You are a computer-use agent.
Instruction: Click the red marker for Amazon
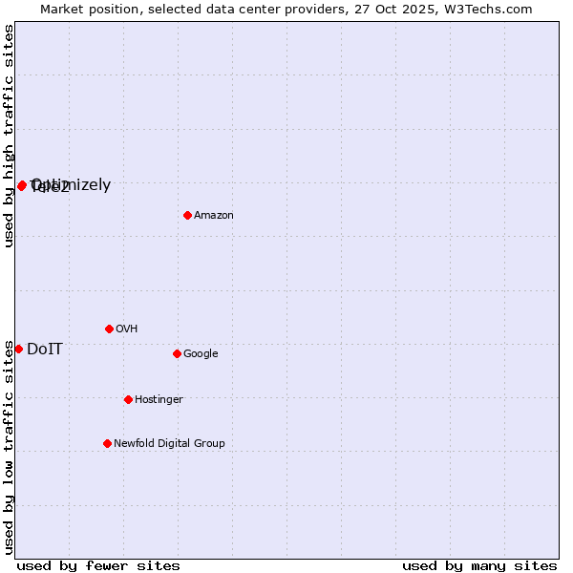click(187, 215)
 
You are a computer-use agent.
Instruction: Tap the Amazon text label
click(214, 216)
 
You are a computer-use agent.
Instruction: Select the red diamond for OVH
click(109, 329)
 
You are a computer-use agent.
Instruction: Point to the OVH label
click(127, 329)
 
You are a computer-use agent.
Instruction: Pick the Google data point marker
click(177, 353)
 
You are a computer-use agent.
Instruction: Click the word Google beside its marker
click(201, 354)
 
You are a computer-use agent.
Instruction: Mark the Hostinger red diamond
click(128, 399)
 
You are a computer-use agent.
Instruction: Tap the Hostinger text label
click(159, 400)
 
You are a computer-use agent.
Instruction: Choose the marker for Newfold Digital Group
click(107, 443)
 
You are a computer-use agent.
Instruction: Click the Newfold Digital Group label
click(170, 444)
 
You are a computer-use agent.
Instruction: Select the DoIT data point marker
click(18, 349)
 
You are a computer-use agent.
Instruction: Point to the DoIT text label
click(45, 350)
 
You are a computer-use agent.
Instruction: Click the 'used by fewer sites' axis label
click(98, 565)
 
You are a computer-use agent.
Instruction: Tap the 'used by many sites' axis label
click(479, 565)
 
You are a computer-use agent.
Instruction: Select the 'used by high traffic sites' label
click(9, 136)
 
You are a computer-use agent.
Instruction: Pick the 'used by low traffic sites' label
click(9, 447)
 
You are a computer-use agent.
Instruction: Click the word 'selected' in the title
click(180, 9)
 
